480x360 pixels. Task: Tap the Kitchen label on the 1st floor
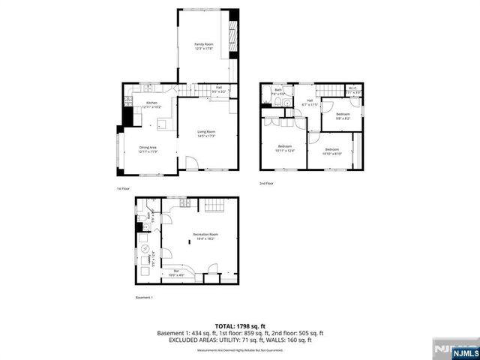tap(151, 104)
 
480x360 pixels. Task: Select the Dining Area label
tap(147, 150)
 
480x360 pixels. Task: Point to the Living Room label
tap(206, 133)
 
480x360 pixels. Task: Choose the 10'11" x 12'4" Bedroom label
tap(285, 149)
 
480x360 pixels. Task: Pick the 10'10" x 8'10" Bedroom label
tap(331, 151)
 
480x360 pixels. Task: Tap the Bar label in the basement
tap(176, 272)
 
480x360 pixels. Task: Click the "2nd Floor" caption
tap(267, 183)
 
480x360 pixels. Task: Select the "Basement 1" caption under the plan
tap(143, 298)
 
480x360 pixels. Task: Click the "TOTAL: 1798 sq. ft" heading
tap(239, 325)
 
